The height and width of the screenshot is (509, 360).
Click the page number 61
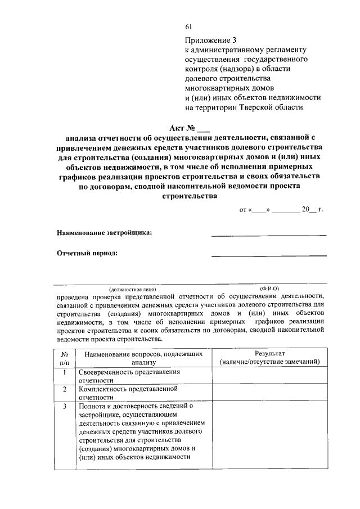tap(188, 26)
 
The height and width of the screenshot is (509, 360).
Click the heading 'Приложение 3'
tap(211, 40)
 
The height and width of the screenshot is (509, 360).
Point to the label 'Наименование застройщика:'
tap(104, 232)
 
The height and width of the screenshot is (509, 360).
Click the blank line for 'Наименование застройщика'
tap(268, 234)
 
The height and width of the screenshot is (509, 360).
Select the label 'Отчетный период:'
tap(87, 253)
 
